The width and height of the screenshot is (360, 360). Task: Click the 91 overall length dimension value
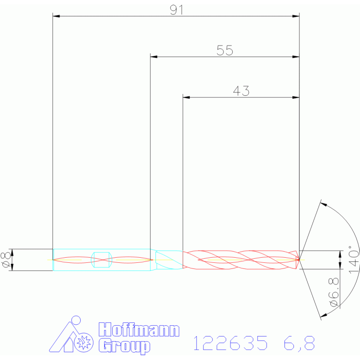[177, 10]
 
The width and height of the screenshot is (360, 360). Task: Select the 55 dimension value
[225, 50]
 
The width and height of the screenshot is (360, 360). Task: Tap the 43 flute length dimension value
[241, 91]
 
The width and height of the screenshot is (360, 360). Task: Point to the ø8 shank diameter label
[6, 260]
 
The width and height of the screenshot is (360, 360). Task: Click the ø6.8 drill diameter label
[334, 292]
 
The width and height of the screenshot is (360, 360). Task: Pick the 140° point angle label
[353, 260]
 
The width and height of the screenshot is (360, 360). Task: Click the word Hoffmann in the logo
[139, 329]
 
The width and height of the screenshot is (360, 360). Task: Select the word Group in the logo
[124, 346]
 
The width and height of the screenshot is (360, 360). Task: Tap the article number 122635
[230, 343]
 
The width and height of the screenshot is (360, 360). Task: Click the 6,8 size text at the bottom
[299, 343]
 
